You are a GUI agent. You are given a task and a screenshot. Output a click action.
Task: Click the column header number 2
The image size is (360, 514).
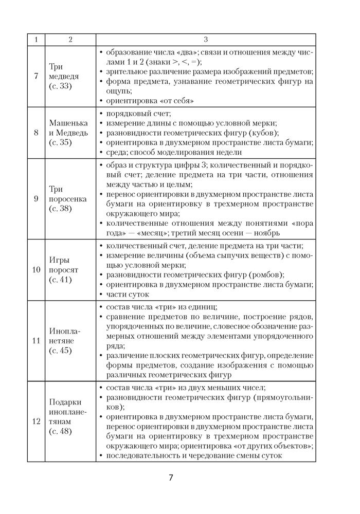coord(70,40)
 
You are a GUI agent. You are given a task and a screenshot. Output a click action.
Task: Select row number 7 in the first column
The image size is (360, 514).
coord(36,76)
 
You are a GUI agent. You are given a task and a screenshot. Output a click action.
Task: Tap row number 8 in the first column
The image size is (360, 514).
coord(36,133)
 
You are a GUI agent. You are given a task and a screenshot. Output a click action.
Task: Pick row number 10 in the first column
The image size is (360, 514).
coord(36,269)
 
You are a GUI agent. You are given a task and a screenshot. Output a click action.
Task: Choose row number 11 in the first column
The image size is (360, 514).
coord(36,340)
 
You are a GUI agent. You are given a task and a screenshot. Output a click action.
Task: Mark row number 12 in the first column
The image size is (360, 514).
coord(36,421)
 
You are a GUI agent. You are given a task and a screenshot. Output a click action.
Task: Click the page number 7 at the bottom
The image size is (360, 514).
coord(171,478)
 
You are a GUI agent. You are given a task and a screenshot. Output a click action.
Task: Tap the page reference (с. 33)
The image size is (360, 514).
coord(61,86)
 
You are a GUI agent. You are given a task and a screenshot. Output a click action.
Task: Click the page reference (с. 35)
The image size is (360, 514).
coord(61,142)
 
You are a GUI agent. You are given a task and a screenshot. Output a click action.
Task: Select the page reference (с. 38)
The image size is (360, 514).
coord(61,208)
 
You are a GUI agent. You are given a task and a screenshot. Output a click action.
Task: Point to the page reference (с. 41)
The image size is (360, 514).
coord(61,280)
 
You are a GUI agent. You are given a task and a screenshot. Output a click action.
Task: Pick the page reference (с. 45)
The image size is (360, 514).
coord(61,351)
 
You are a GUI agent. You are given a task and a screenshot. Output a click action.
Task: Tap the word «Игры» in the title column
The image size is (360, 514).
coord(59,260)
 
